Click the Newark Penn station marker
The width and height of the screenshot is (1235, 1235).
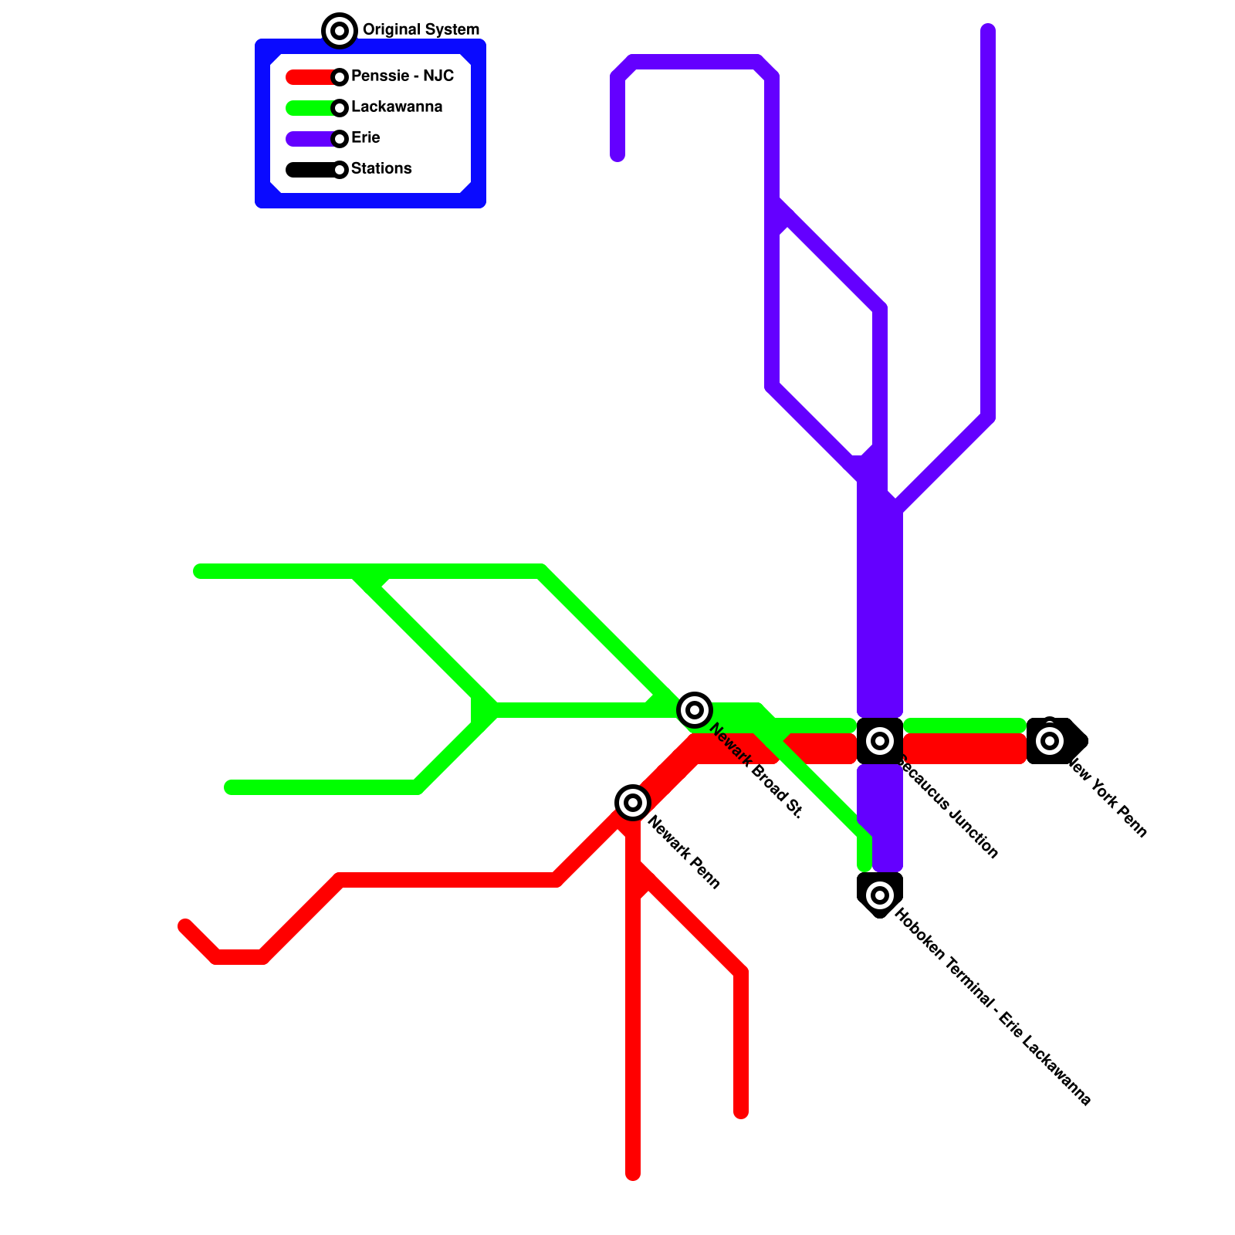pyautogui.click(x=633, y=803)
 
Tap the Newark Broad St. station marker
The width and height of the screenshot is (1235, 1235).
pyautogui.click(x=695, y=709)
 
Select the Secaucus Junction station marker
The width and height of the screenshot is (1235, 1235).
pyautogui.click(x=880, y=741)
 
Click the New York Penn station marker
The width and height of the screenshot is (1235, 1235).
pyautogui.click(x=1050, y=741)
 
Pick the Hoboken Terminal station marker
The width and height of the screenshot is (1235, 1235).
pyautogui.click(x=880, y=895)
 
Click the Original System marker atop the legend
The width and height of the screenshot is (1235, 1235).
pyautogui.click(x=340, y=31)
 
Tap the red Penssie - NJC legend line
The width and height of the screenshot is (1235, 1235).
pyautogui.click(x=309, y=77)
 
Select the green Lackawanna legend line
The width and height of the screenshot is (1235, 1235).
pyautogui.click(x=309, y=108)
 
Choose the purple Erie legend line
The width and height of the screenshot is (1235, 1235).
pyautogui.click(x=309, y=139)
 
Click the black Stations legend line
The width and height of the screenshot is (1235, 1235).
pyautogui.click(x=309, y=170)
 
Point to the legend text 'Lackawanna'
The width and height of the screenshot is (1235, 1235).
pyautogui.click(x=397, y=107)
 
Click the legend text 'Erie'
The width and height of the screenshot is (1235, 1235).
pyautogui.click(x=366, y=138)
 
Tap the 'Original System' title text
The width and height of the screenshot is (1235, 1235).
pyautogui.click(x=421, y=30)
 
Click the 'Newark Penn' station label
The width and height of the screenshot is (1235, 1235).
pyautogui.click(x=684, y=852)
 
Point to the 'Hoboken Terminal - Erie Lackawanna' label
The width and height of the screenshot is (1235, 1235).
pyautogui.click(x=993, y=1007)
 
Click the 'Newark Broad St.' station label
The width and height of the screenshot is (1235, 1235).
pyautogui.click(x=756, y=770)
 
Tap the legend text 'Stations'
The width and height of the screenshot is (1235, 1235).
pyautogui.click(x=381, y=169)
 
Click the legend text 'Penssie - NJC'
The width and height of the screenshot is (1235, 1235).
pyautogui.click(x=402, y=76)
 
